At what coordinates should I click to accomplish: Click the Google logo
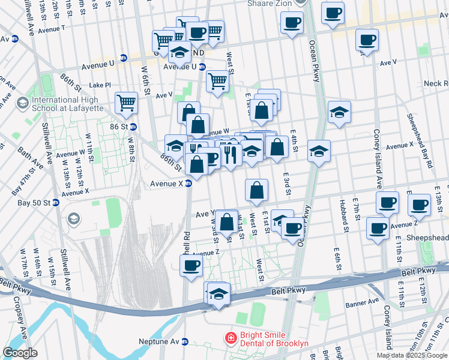(x=20, y=353)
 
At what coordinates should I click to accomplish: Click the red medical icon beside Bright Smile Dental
(x=229, y=339)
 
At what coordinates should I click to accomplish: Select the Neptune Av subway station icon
(x=185, y=342)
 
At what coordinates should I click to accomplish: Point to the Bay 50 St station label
(x=32, y=203)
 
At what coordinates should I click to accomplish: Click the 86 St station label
(x=119, y=127)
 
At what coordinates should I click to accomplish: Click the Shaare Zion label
(x=270, y=4)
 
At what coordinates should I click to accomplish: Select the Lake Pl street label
(x=100, y=86)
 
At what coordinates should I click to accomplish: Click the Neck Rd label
(x=436, y=83)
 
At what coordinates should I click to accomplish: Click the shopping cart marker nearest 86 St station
(x=127, y=103)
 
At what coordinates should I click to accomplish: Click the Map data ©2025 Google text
(x=412, y=355)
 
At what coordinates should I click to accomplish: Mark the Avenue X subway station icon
(x=188, y=184)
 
